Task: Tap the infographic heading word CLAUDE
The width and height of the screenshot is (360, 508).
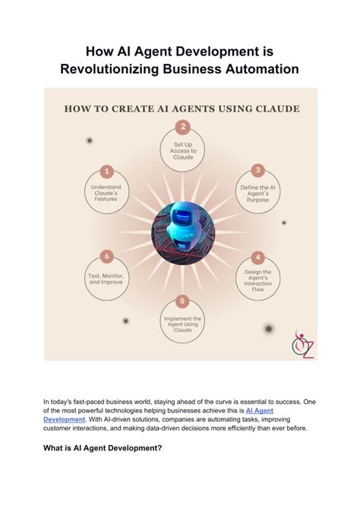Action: pyautogui.click(x=273, y=108)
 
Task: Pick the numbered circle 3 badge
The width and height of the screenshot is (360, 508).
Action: pyautogui.click(x=258, y=170)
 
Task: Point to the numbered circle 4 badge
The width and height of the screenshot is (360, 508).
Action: pyautogui.click(x=258, y=257)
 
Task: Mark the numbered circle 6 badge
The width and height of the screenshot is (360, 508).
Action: pyautogui.click(x=107, y=257)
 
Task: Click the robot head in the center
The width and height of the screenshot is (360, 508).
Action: pyautogui.click(x=181, y=219)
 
